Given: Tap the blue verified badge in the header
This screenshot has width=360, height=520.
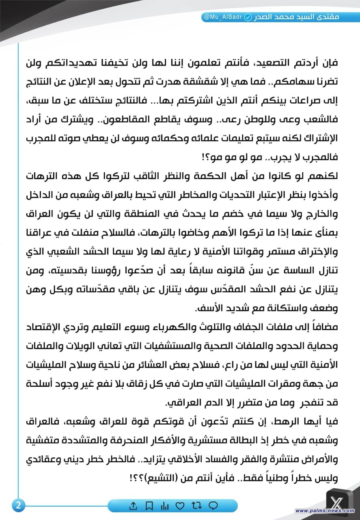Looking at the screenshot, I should point(248,18).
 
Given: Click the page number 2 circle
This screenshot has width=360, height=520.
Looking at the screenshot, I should point(18,506).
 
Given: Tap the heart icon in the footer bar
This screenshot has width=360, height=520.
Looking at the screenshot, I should point(181,506).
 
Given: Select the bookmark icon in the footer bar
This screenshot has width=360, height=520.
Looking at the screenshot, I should point(149,506).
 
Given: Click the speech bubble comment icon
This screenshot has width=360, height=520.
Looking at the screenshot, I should point(213,506).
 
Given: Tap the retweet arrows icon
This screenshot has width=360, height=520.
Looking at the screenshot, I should point(197,506).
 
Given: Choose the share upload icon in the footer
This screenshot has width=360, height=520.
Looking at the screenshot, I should point(133,506).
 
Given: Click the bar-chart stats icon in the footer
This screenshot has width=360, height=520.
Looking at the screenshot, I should point(165,506).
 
